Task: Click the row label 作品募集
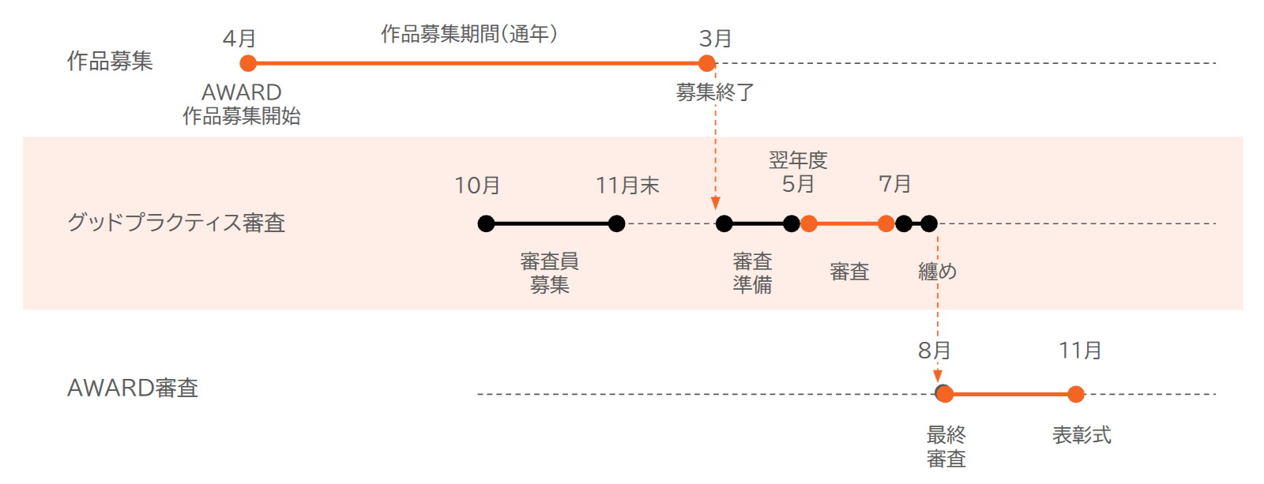click(x=110, y=61)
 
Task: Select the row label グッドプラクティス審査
click(x=176, y=223)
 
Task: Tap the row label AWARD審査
click(x=133, y=388)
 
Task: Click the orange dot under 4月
click(x=248, y=63)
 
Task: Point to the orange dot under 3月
click(x=706, y=63)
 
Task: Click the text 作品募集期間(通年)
click(x=469, y=34)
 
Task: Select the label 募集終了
click(x=715, y=92)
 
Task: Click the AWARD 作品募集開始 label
click(x=242, y=103)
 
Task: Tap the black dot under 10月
click(x=486, y=224)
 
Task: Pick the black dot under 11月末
click(x=617, y=224)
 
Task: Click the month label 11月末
click(x=627, y=185)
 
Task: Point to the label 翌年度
click(x=798, y=160)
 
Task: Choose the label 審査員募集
click(x=549, y=273)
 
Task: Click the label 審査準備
click(x=752, y=273)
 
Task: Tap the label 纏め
click(x=937, y=272)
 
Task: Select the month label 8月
click(x=934, y=351)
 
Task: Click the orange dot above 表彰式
click(x=1076, y=394)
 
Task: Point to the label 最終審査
click(x=946, y=447)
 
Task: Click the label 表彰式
click(x=1082, y=436)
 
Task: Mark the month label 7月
click(x=894, y=184)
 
